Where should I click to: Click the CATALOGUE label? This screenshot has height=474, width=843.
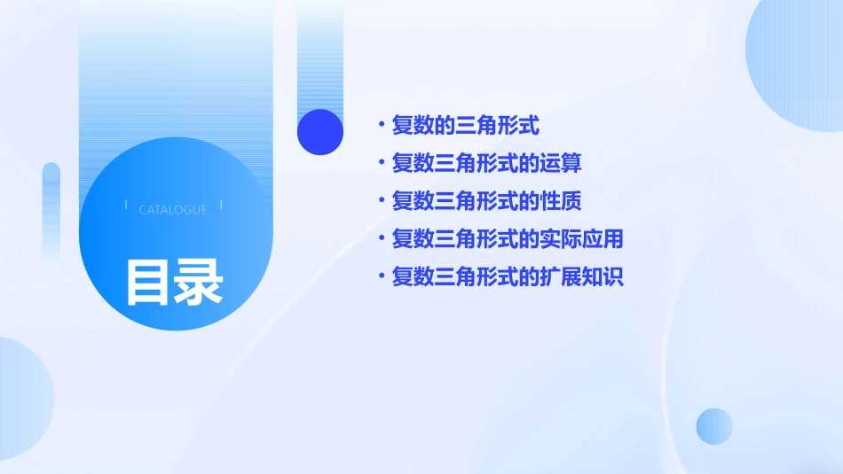tap(173, 210)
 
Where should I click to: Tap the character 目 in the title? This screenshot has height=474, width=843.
tap(147, 282)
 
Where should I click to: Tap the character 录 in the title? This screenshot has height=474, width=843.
tap(199, 282)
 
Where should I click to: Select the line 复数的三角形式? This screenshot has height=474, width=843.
tap(465, 126)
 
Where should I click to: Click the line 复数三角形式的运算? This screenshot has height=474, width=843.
tap(486, 164)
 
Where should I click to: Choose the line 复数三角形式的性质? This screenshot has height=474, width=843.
tap(486, 201)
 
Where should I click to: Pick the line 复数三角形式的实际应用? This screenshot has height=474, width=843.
tap(508, 239)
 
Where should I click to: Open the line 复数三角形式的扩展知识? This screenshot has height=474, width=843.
tap(508, 277)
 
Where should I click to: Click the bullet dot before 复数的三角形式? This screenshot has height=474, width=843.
tap(381, 126)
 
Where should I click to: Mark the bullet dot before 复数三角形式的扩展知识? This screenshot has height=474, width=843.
tap(381, 277)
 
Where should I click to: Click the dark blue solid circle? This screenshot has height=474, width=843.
tap(320, 132)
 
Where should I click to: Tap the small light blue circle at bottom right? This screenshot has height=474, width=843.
tap(714, 426)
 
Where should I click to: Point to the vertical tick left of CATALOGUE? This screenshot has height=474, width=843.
tap(126, 205)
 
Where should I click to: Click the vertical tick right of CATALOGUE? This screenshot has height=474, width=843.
tap(221, 205)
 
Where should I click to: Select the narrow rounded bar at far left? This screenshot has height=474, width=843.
tap(51, 213)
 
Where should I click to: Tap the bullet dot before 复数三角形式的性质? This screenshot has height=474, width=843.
tap(381, 201)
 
